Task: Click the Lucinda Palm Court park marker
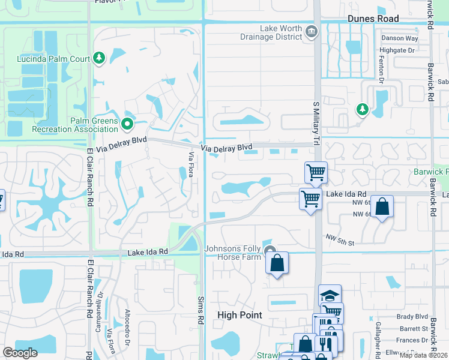point(99,58)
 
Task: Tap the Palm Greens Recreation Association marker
point(127,124)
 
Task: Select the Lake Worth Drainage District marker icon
point(311,32)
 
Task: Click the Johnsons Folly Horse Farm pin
point(271,252)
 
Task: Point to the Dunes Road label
point(373,19)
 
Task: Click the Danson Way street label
point(399,38)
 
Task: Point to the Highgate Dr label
point(398,51)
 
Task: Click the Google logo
point(20,353)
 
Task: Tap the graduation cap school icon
point(330,295)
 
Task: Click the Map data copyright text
point(424,355)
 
